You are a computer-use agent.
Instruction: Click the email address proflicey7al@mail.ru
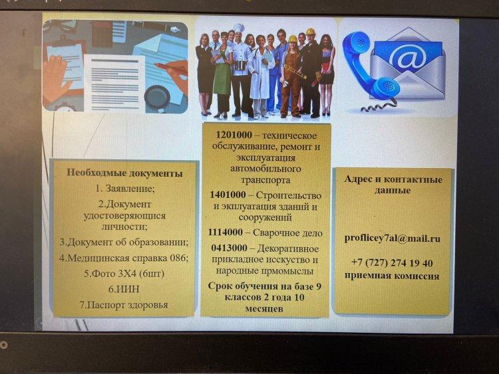click(x=392, y=238)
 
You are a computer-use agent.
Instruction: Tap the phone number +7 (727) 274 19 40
click(x=392, y=263)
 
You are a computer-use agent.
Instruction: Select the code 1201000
click(x=234, y=135)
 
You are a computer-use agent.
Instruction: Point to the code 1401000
click(x=228, y=194)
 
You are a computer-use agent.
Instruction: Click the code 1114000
click(x=225, y=233)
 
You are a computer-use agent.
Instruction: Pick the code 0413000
click(x=229, y=248)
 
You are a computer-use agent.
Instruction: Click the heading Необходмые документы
click(x=124, y=173)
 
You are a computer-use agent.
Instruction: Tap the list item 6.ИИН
click(x=124, y=289)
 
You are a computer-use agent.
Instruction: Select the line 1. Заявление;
click(x=125, y=189)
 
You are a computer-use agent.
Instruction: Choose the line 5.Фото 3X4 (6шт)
click(x=124, y=273)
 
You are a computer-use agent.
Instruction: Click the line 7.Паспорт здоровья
click(x=124, y=305)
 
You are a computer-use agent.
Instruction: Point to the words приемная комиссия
click(x=392, y=275)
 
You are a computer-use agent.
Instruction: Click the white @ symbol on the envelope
click(x=407, y=57)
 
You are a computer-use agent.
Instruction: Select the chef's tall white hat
click(x=239, y=28)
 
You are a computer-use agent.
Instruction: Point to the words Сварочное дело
click(x=287, y=233)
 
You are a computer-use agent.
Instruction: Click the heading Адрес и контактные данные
click(x=393, y=185)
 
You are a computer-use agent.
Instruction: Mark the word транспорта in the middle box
click(x=265, y=180)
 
